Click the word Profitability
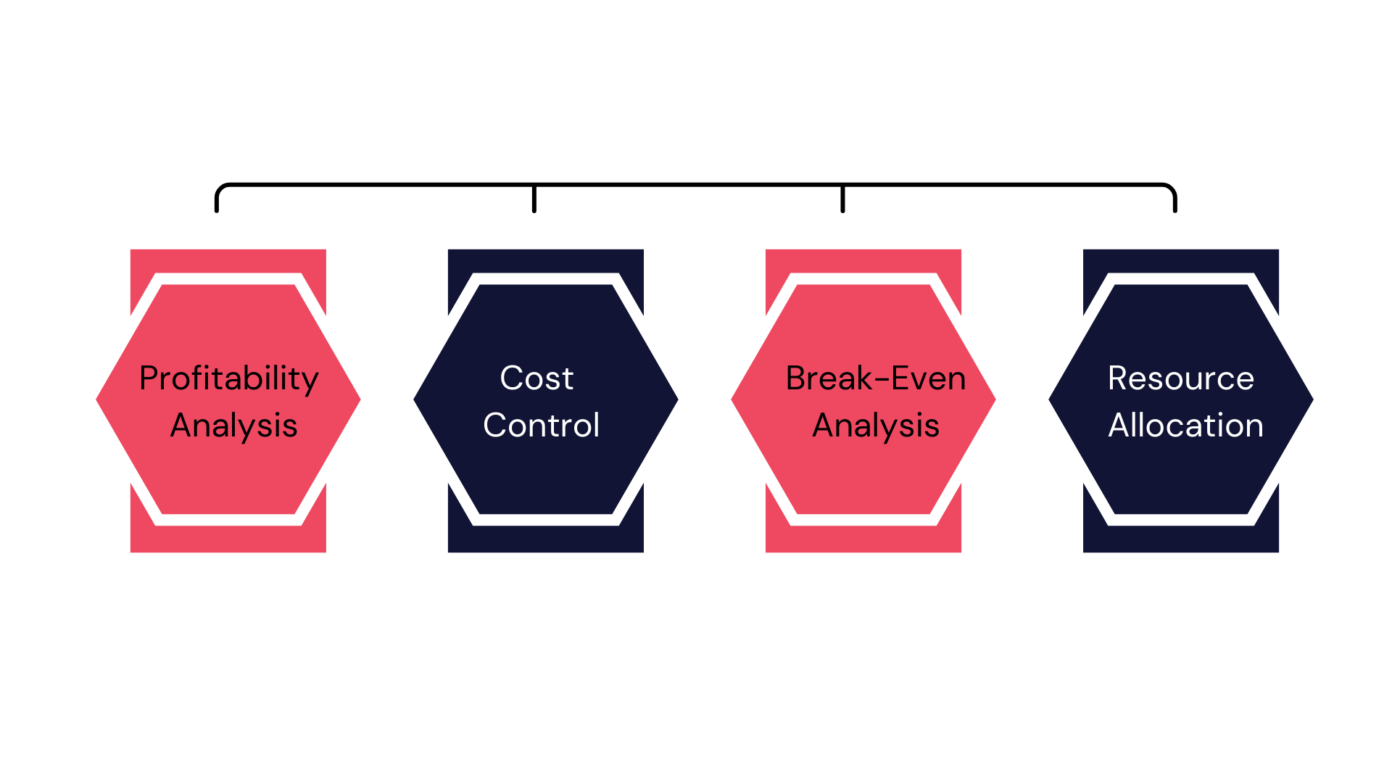(x=228, y=378)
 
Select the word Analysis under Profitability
(x=233, y=426)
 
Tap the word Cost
(x=536, y=378)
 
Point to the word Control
(x=541, y=426)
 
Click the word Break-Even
(x=876, y=378)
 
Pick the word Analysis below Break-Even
(x=876, y=426)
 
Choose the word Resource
(x=1180, y=378)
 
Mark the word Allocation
(x=1185, y=426)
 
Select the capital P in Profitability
(x=149, y=378)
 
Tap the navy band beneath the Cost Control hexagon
(x=545, y=539)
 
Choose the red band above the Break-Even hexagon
(x=863, y=260)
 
